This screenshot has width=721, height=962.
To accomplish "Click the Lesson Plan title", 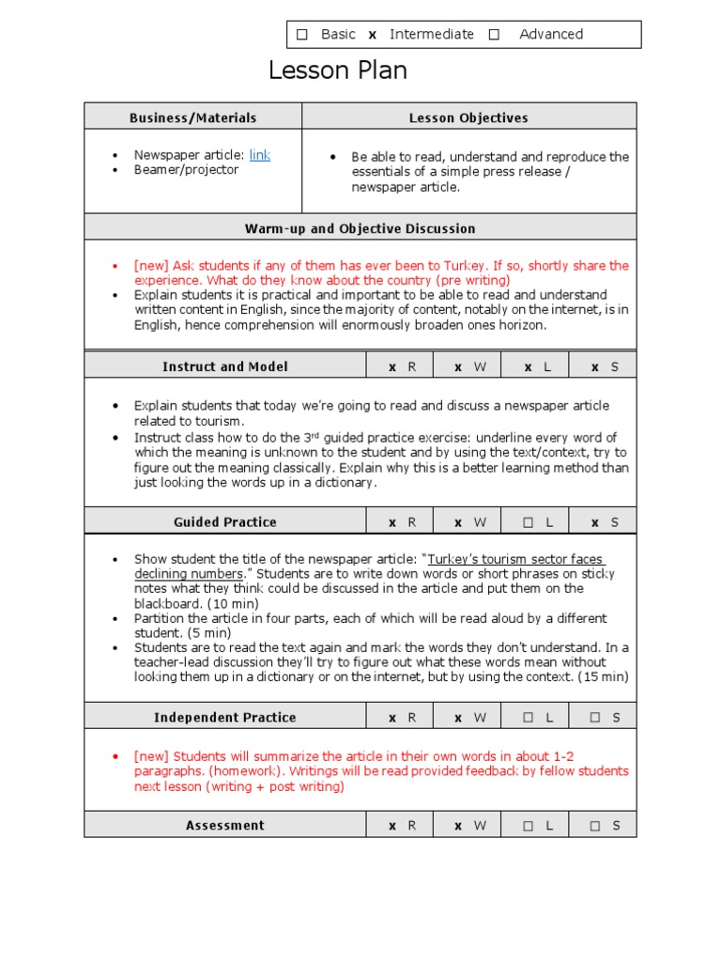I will pyautogui.click(x=337, y=70).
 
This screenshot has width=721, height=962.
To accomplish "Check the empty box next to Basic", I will pyautogui.click(x=302, y=35).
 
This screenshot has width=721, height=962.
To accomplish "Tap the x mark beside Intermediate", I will pyautogui.click(x=372, y=35).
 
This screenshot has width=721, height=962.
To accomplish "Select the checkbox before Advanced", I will pyautogui.click(x=494, y=35).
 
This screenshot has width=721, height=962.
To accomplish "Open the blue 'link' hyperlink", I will pyautogui.click(x=260, y=155).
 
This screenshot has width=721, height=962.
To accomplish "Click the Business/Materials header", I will pyautogui.click(x=192, y=117).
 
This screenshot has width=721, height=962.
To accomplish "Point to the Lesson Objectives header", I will pyautogui.click(x=468, y=117).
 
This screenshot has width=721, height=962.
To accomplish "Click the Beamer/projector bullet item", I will pyautogui.click(x=186, y=170).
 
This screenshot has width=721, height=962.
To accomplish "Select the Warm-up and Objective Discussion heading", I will pyautogui.click(x=360, y=228).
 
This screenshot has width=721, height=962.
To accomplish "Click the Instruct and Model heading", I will pyautogui.click(x=225, y=366).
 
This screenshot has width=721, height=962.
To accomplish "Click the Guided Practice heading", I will pyautogui.click(x=225, y=521).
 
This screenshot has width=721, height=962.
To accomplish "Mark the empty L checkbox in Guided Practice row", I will pyautogui.click(x=529, y=522).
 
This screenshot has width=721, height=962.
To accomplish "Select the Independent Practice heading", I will pyautogui.click(x=225, y=717).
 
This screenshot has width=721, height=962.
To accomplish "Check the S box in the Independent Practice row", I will pyautogui.click(x=596, y=718).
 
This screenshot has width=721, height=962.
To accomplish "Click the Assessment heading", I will pyautogui.click(x=225, y=825).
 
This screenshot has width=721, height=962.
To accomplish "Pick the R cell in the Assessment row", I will pyautogui.click(x=402, y=826).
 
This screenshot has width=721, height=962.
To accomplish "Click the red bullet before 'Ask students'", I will pyautogui.click(x=115, y=267).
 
